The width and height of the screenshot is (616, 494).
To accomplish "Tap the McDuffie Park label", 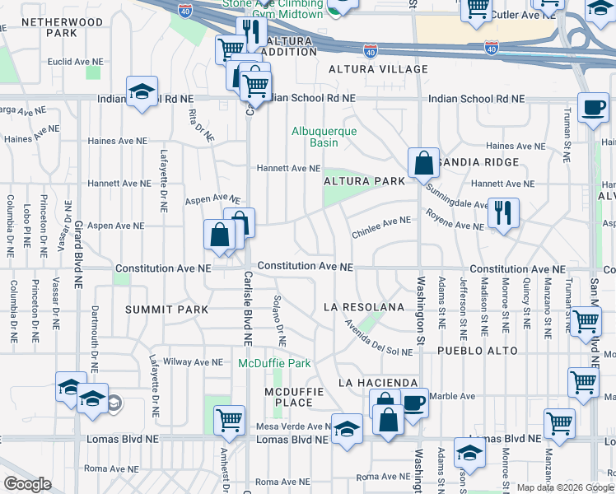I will pyautogui.click(x=275, y=363).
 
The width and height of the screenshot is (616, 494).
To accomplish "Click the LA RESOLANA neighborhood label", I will pyautogui.click(x=364, y=307).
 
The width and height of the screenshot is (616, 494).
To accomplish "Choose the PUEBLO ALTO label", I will pyautogui.click(x=477, y=351).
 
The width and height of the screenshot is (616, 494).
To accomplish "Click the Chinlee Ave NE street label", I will pyautogui.click(x=380, y=227).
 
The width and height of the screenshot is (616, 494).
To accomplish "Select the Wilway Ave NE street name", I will pyautogui.click(x=194, y=361).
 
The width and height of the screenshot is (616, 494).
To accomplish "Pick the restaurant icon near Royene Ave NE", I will pyautogui.click(x=502, y=213).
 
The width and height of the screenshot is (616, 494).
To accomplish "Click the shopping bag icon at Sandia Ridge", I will pyautogui.click(x=423, y=162).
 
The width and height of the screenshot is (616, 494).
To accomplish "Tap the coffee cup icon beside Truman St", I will pyautogui.click(x=592, y=107).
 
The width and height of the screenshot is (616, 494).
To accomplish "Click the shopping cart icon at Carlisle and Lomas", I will pyautogui.click(x=229, y=419).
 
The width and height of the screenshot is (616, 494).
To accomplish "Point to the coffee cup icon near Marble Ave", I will pyautogui.click(x=413, y=403).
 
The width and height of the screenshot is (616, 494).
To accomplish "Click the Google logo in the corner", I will pyautogui.click(x=26, y=484).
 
